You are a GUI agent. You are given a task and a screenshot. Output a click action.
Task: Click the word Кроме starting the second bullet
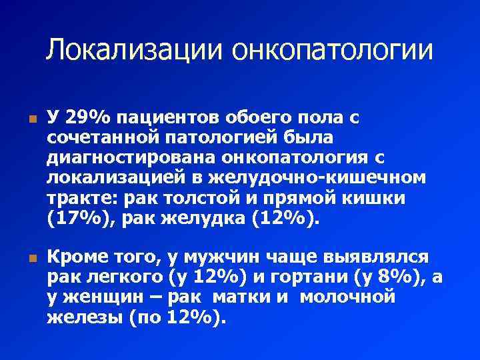pyautogui.click(x=77, y=257)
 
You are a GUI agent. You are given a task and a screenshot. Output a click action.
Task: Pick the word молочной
pyautogui.click(x=347, y=297)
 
